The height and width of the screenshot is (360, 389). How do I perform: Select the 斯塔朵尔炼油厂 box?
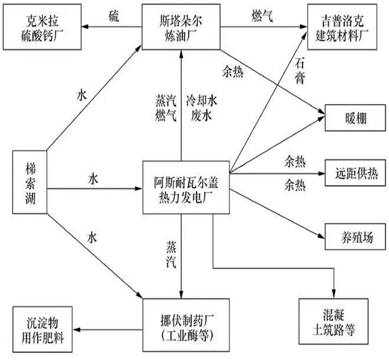tap(180, 27)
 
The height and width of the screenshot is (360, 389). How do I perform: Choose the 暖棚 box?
tap(354, 117)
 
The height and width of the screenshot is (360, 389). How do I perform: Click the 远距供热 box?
tap(354, 174)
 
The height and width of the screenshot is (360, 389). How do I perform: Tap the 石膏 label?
tap(300, 71)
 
